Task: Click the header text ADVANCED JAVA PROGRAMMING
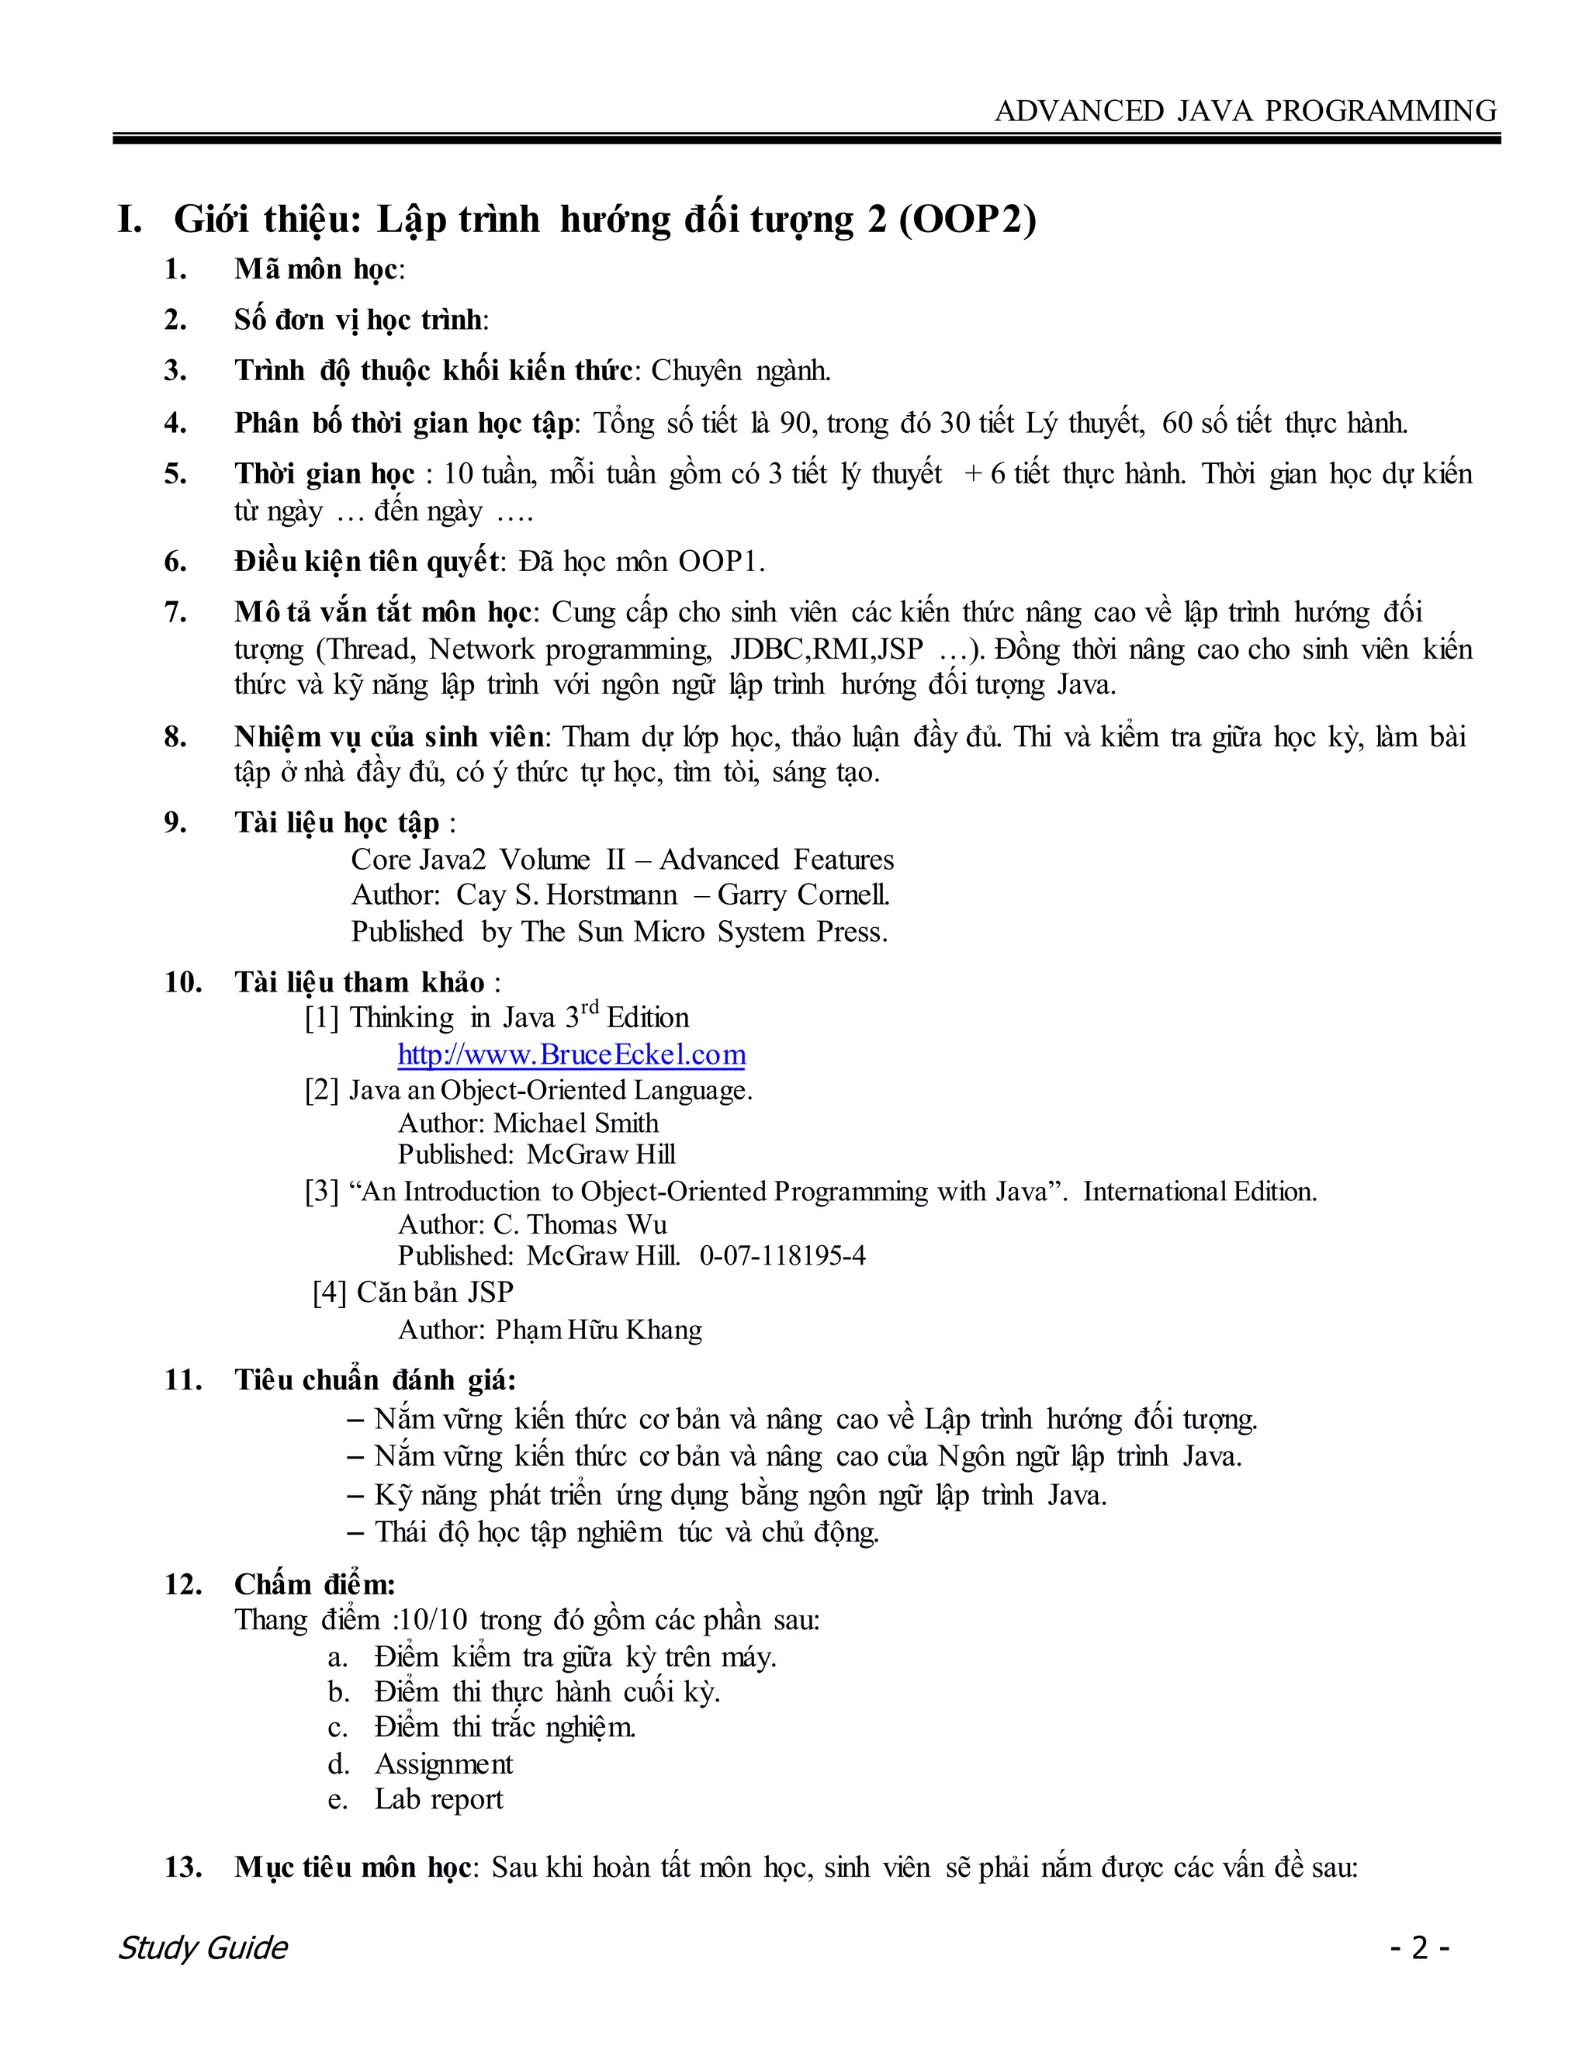click(1245, 111)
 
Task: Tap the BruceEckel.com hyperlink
click(571, 1054)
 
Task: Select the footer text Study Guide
click(203, 1947)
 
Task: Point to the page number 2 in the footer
click(1420, 1947)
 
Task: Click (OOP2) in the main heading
click(967, 220)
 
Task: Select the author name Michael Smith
click(576, 1123)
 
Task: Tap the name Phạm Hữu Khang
click(599, 1329)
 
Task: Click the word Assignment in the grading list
click(443, 1764)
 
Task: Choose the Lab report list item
click(438, 1799)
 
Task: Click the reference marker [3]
click(321, 1192)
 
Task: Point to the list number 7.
click(175, 613)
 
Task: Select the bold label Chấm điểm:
click(314, 1584)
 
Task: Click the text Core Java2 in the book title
click(418, 860)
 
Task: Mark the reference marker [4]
click(330, 1293)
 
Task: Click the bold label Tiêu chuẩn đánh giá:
click(375, 1380)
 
